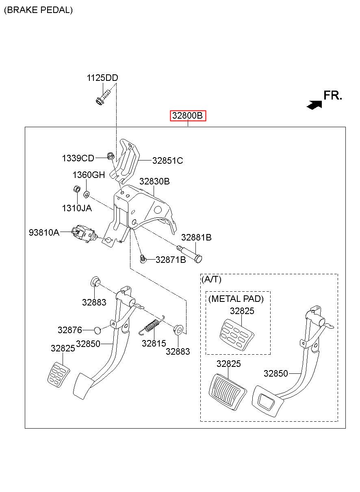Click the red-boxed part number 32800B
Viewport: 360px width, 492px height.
tap(188, 115)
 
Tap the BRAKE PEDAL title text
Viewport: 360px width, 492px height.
tap(39, 10)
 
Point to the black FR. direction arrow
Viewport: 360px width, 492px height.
tap(314, 105)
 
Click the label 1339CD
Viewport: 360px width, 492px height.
tap(78, 158)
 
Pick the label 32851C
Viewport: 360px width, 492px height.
tap(167, 161)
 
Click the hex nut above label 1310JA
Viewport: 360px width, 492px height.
tap(76, 189)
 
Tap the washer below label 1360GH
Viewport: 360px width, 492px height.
tap(86, 194)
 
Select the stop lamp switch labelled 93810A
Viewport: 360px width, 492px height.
tap(83, 234)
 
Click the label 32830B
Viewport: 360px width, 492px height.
tap(154, 182)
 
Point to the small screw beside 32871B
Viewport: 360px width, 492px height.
tap(143, 259)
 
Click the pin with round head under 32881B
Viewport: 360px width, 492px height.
tap(189, 254)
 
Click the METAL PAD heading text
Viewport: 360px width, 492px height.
tap(236, 299)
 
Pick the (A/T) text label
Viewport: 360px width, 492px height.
tap(211, 280)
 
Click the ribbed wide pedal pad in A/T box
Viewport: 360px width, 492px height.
tap(227, 392)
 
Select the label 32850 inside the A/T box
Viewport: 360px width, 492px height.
tap(275, 373)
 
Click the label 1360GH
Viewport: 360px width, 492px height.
tap(89, 175)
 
